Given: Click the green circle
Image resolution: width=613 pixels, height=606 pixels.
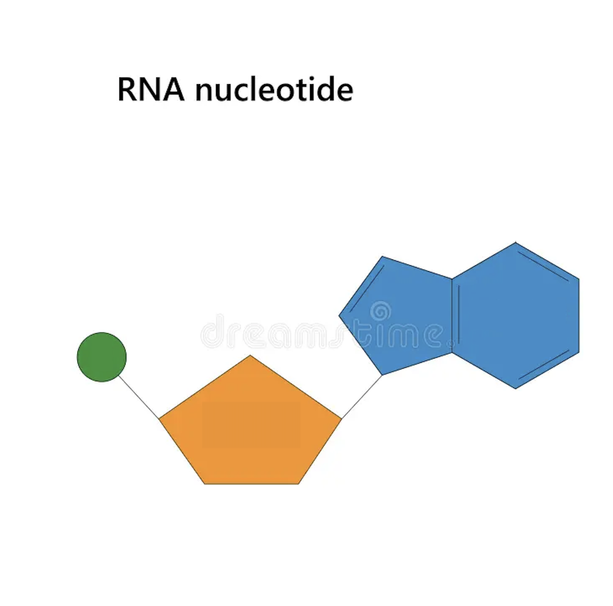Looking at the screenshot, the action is coord(102,357).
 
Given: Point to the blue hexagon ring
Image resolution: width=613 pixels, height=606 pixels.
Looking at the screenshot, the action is coord(516,316).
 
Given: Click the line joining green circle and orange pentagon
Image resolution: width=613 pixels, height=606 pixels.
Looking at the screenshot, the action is coord(139,397).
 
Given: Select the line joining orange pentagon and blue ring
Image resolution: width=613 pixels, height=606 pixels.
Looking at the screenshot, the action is coord(362,397).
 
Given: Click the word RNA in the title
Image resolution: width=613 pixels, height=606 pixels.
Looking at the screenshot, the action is coord(151,89).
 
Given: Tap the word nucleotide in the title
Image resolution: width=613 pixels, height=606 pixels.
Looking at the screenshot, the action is coord(274,89).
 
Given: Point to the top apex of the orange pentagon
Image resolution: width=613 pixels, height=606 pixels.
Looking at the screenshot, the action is coord(250,355).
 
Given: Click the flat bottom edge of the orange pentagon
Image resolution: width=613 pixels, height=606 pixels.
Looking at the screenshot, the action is coord(251,484).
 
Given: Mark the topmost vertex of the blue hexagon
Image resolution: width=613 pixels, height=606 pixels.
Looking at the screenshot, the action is coord(516,242).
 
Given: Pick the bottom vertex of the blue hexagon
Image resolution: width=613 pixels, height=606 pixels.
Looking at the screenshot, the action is coord(516,389).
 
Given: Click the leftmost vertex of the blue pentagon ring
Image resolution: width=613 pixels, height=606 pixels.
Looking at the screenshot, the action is coord(339,316).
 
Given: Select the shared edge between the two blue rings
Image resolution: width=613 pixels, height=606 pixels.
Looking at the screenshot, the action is coord(452,316).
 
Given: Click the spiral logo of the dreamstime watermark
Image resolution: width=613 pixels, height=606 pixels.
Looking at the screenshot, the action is coord(381,312).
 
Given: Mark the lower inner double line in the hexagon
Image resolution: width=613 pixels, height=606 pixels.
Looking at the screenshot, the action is coord(544,365).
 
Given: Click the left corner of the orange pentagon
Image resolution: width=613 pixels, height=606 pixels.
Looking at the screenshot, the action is coord(159,419).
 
